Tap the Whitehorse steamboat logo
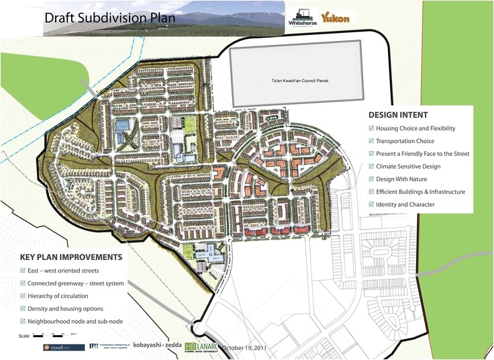(x=299, y=17)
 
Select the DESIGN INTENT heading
(x=398, y=115)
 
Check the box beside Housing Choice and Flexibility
(x=371, y=128)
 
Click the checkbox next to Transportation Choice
(x=371, y=141)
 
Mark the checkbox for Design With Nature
(x=371, y=179)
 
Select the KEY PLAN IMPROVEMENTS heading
(x=70, y=257)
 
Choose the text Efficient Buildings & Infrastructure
(x=420, y=191)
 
